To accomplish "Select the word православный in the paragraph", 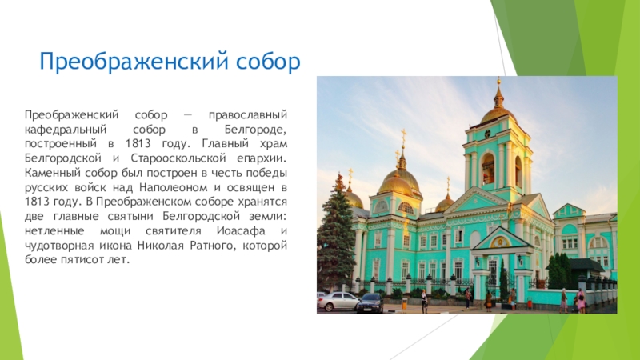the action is tap(248, 115).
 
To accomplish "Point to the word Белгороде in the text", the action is tap(255, 130).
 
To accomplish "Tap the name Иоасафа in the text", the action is tap(241, 231).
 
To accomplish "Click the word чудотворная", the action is tap(58, 246).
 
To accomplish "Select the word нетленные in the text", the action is tap(54, 231).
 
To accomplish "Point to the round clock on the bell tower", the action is tap(487, 134).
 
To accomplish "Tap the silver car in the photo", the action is tap(338, 302).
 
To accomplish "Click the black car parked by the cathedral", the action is tap(370, 303).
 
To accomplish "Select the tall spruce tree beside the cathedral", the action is tap(335, 233).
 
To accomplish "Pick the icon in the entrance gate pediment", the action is tap(499, 242).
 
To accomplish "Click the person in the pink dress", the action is tap(581, 301).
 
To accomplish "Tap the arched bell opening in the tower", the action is tap(488, 169).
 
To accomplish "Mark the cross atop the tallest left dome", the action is tap(403, 137).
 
